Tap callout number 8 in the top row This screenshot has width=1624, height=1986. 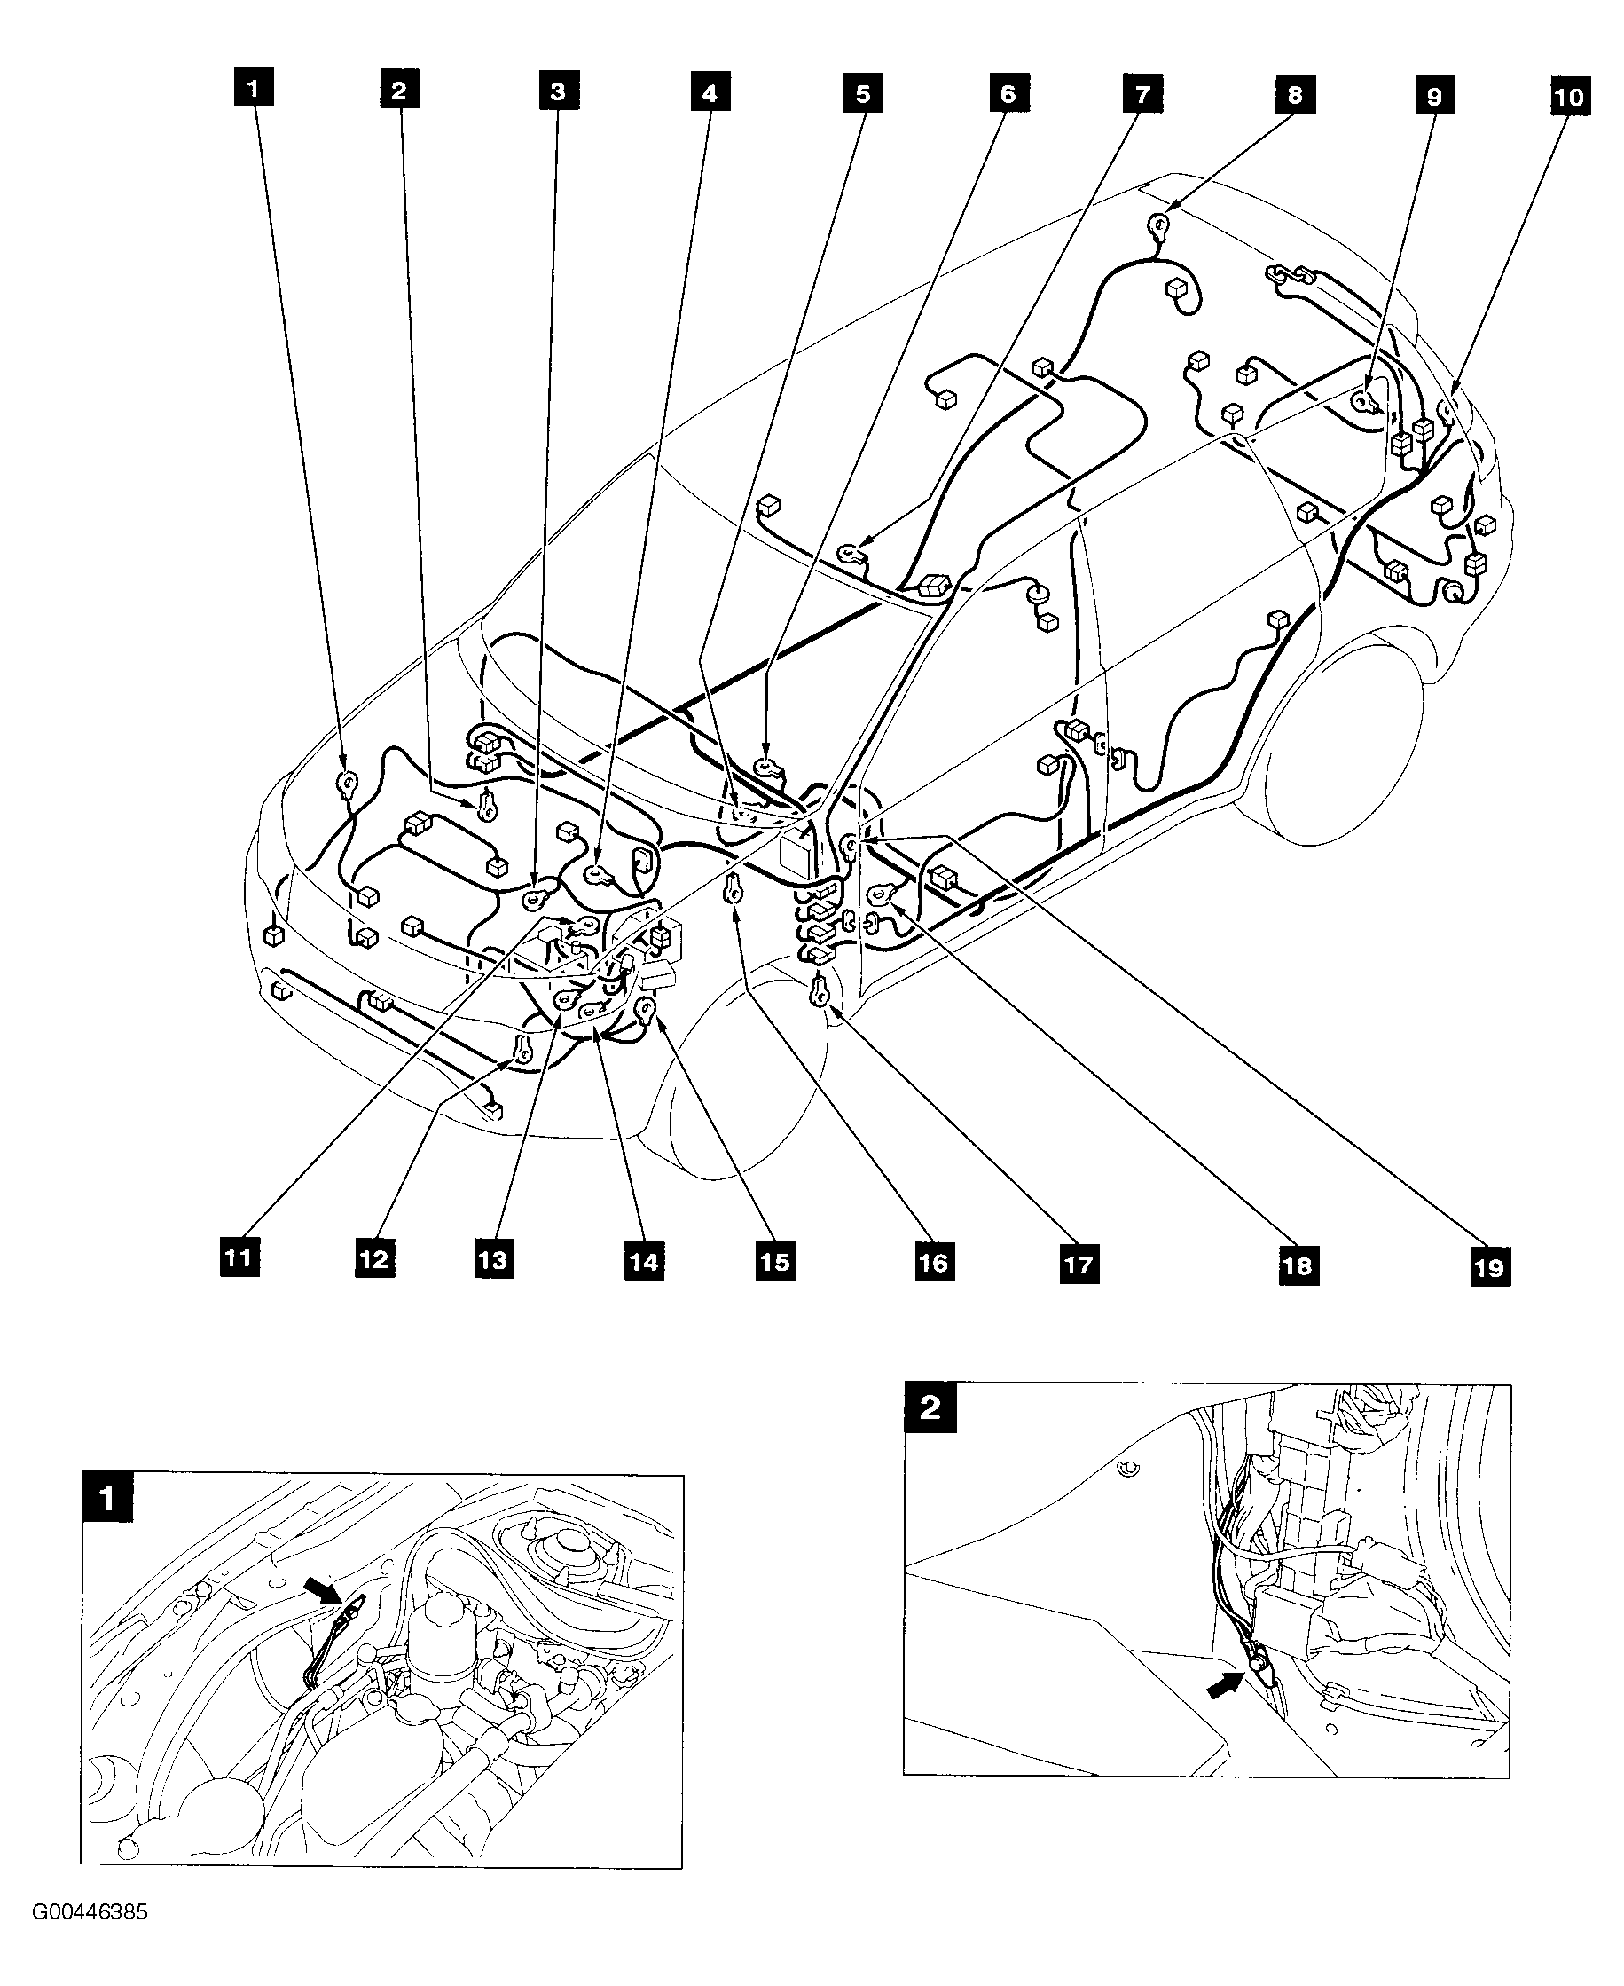(x=1295, y=95)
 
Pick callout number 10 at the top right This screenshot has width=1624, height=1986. (x=1569, y=97)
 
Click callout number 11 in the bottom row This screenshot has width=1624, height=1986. (x=239, y=1257)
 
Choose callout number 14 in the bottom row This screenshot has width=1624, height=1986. (x=644, y=1262)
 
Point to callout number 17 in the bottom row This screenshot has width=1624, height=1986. (x=1079, y=1265)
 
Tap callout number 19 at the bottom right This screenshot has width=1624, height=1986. (x=1489, y=1267)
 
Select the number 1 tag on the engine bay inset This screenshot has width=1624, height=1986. (x=106, y=1500)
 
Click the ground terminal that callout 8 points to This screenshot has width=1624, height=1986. (x=1160, y=224)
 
